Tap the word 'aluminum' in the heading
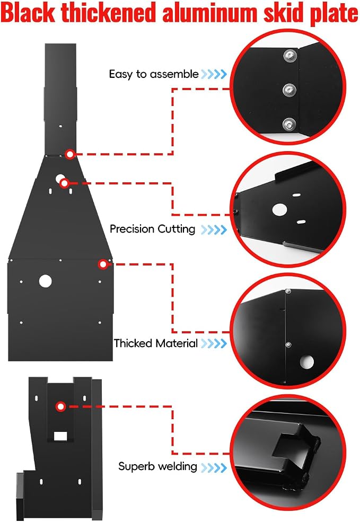coord(210,13)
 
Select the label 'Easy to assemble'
coord(154,74)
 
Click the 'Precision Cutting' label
coord(153,229)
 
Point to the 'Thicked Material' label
coord(156,343)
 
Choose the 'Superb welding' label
coord(157,466)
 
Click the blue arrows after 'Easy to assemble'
coord(214,74)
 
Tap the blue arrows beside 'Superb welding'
coord(214,467)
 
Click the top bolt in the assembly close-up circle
coord(290,55)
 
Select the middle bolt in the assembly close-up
coord(289,90)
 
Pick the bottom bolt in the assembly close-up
coord(289,125)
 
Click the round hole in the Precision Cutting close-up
coord(279,209)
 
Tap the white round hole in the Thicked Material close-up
coord(306,362)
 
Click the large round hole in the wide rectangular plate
coord(45,281)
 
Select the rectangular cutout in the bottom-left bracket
coord(60,436)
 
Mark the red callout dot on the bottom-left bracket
coord(60,406)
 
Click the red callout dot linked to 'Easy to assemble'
coord(70,154)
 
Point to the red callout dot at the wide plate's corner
coord(103,264)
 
